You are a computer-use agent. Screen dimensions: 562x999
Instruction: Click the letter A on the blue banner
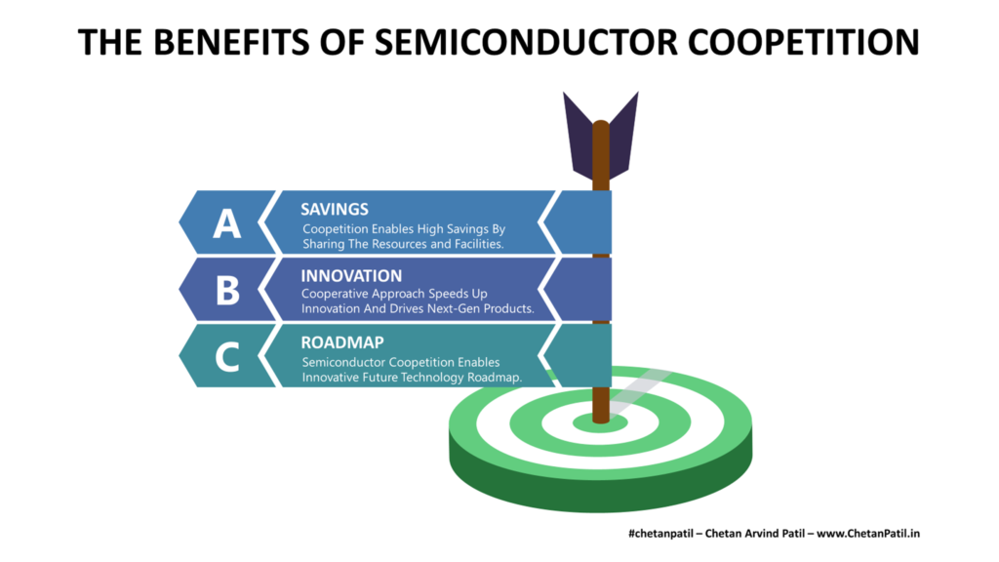click(227, 223)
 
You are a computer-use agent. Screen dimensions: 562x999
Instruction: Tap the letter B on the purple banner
click(227, 290)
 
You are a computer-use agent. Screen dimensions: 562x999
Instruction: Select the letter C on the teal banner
click(227, 356)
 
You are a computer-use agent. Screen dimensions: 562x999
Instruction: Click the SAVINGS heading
click(334, 209)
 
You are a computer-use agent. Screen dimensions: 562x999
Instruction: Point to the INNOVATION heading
click(350, 275)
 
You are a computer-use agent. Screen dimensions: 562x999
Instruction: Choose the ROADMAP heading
click(341, 342)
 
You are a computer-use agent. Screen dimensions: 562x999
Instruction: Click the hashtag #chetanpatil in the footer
click(662, 533)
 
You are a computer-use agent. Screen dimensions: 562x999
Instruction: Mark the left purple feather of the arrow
click(579, 137)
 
